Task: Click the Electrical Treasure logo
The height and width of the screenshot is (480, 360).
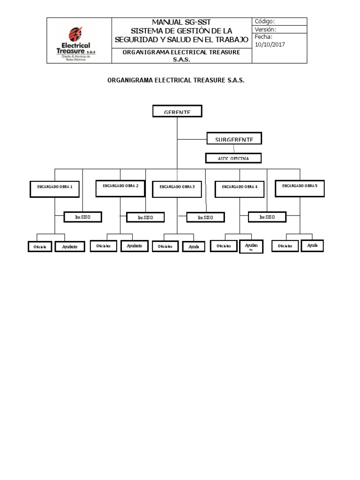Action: tap(78, 41)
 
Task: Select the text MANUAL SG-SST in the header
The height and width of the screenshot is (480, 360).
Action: tap(181, 22)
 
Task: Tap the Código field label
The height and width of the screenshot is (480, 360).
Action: tap(264, 22)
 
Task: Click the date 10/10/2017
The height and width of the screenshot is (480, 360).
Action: tap(270, 45)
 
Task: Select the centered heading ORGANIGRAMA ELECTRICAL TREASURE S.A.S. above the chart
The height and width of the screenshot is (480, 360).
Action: tap(176, 81)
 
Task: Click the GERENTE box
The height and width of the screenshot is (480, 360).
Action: tap(177, 112)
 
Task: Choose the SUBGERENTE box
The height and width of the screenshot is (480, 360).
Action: tap(234, 139)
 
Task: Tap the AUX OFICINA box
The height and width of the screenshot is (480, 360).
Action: tap(233, 158)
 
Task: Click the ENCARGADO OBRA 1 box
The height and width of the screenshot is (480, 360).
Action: tap(55, 187)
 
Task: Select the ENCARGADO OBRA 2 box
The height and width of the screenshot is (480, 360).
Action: tap(120, 187)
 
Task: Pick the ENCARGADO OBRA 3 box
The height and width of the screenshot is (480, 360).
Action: tap(177, 187)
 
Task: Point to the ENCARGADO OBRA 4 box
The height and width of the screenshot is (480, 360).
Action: tap(240, 187)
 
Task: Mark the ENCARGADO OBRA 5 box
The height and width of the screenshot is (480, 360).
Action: tap(300, 187)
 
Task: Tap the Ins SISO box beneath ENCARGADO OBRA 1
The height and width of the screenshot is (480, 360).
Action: tap(82, 217)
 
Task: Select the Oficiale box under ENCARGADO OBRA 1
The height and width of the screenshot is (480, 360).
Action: tap(40, 246)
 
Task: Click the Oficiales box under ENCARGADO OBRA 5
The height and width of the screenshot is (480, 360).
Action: tap(285, 246)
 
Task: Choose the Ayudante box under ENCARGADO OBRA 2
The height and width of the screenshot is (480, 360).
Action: tap(135, 246)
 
